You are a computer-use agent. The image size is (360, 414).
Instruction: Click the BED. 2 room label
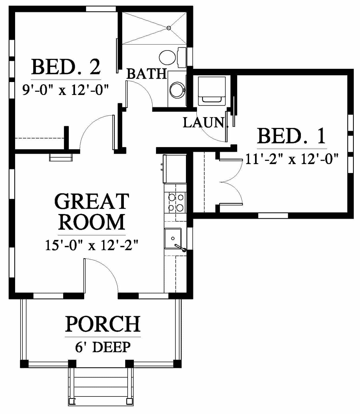[66, 67]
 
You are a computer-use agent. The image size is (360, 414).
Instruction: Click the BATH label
[147, 74]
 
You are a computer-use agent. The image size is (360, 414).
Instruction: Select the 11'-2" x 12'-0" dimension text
[292, 159]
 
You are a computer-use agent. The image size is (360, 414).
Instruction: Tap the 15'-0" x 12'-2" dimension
[91, 245]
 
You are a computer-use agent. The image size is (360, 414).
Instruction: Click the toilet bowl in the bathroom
[167, 57]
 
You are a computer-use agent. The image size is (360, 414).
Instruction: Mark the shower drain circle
[169, 28]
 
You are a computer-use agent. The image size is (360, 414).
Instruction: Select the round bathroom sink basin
[177, 90]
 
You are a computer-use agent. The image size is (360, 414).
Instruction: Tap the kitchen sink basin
[173, 238]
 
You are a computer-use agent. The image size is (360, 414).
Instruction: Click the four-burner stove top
[175, 202]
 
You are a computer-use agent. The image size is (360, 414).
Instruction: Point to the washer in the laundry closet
[212, 91]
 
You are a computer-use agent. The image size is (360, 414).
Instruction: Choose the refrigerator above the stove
[175, 169]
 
